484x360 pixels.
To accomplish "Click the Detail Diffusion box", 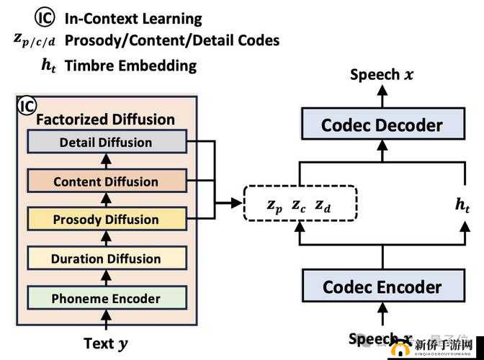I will coord(106,142).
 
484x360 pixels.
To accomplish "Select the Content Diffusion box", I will coord(106,181).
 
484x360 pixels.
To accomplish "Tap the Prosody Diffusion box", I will coord(106,220).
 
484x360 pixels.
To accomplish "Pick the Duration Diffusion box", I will coord(106,258).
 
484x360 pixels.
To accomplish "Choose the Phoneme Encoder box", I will coord(106,297).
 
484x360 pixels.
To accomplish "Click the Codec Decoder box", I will coord(382,125).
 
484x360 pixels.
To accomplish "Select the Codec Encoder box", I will coord(382,287).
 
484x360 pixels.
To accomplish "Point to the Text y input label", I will coord(106,343).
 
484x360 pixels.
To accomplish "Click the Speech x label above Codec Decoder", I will coord(382,74).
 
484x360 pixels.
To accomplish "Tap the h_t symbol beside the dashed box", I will coord(462,204).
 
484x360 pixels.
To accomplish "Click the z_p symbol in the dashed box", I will coord(274,205).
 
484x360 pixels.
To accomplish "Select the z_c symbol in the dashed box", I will coord(299,205).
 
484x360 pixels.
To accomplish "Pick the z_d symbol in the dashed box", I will coord(323,206).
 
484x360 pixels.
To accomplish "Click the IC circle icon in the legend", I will coord(45,18).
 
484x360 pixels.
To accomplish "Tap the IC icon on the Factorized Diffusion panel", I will coord(27,107).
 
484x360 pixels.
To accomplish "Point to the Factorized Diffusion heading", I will coord(105,120).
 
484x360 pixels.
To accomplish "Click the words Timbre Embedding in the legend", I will coord(130,66).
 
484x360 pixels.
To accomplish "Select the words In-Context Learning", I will coord(133,19).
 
